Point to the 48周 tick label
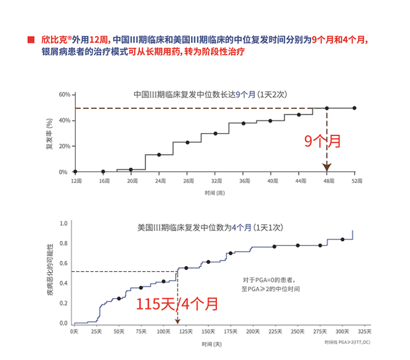[x=327, y=180]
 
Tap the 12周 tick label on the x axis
[x=76, y=180]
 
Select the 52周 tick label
[x=355, y=180]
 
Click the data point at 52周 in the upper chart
[x=355, y=108]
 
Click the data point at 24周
[x=159, y=154]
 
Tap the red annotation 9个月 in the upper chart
[x=322, y=141]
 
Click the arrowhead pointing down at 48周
[x=327, y=167]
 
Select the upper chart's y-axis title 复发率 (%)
[x=49, y=133]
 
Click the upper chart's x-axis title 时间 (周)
[x=214, y=193]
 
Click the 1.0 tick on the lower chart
[x=63, y=223]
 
